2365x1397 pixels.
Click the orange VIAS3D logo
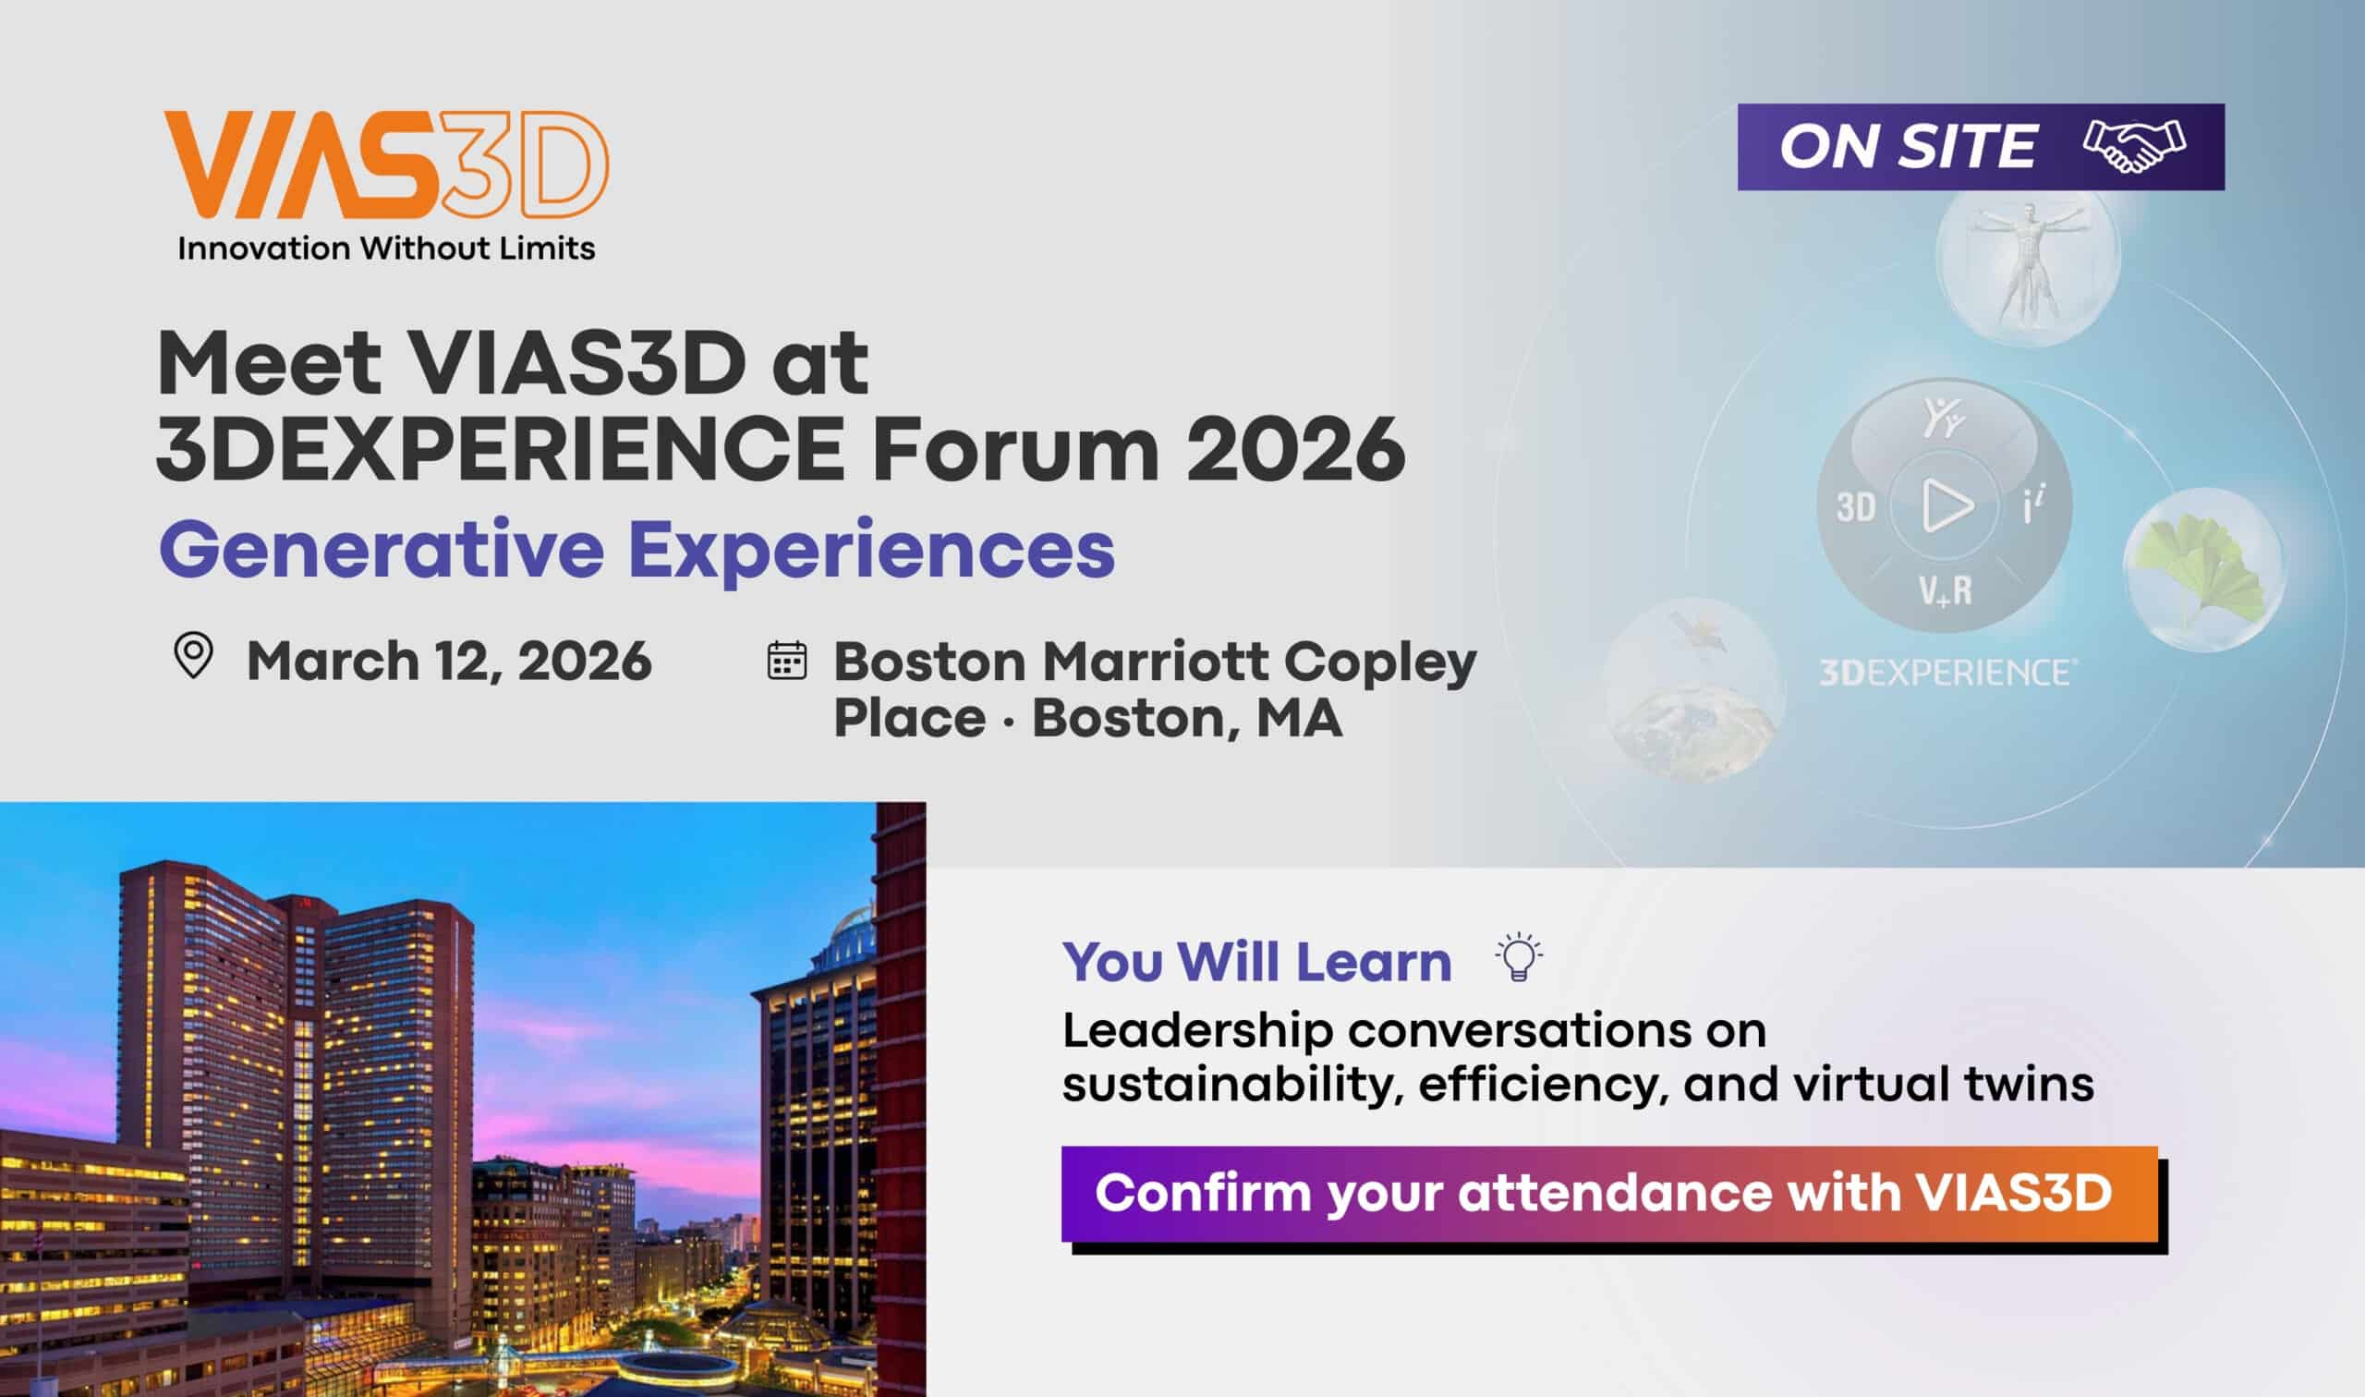[386, 163]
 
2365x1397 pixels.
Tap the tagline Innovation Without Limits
[386, 249]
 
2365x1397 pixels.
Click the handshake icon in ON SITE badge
[2134, 147]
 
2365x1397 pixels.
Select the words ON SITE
[1907, 147]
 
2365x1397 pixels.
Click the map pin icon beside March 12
[194, 656]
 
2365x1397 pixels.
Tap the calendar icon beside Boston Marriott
[787, 660]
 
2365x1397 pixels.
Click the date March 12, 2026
[449, 660]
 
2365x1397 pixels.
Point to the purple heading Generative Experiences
[637, 550]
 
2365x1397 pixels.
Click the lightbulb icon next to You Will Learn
[1518, 958]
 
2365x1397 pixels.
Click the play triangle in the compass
[1946, 506]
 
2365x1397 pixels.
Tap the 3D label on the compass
[1856, 508]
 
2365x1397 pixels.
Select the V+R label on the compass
[1945, 591]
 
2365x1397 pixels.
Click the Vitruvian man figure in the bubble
[2027, 265]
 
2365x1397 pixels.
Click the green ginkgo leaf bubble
[2202, 569]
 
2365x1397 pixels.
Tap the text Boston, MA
[1188, 718]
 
